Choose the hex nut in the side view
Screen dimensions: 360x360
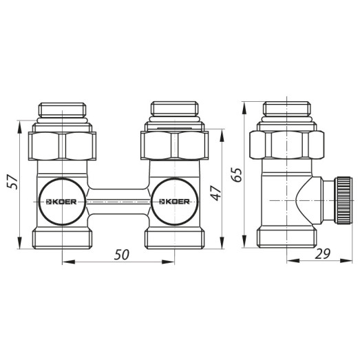point(286,145)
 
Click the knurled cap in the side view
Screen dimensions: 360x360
point(339,200)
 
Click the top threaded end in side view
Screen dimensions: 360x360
point(286,112)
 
